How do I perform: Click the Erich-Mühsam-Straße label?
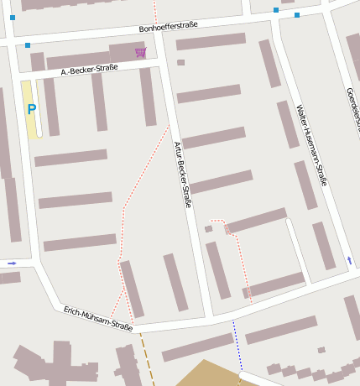coord(97,319)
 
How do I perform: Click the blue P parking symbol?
coord(32,109)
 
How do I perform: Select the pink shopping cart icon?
coord(140,53)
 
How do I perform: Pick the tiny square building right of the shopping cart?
coord(180,62)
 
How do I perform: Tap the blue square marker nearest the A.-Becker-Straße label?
coord(28,45)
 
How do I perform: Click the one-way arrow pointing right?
coord(12,263)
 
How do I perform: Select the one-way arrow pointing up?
coord(349,260)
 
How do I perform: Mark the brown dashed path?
coord(147,352)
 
